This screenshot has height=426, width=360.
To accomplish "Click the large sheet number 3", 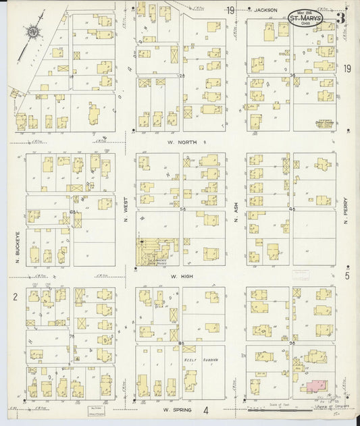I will pos(342,18).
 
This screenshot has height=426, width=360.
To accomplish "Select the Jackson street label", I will pos(267,10).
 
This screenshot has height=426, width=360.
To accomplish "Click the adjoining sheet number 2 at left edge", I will pos(14,296).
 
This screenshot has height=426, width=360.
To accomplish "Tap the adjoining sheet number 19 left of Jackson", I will pos(230,10).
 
